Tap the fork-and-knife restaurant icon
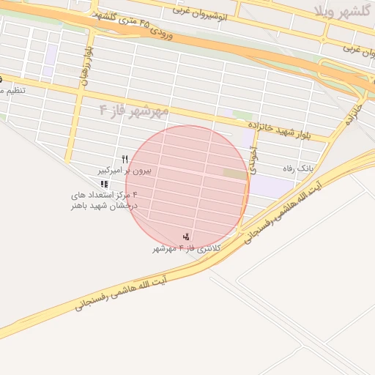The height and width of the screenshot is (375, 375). point(125,159)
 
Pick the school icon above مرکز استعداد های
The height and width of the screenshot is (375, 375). point(105,183)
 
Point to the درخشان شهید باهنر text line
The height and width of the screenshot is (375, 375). point(105,206)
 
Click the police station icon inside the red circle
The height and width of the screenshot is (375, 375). point(187,237)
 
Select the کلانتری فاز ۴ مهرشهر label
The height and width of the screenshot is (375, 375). point(186,248)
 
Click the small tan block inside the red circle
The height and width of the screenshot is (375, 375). point(234,174)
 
